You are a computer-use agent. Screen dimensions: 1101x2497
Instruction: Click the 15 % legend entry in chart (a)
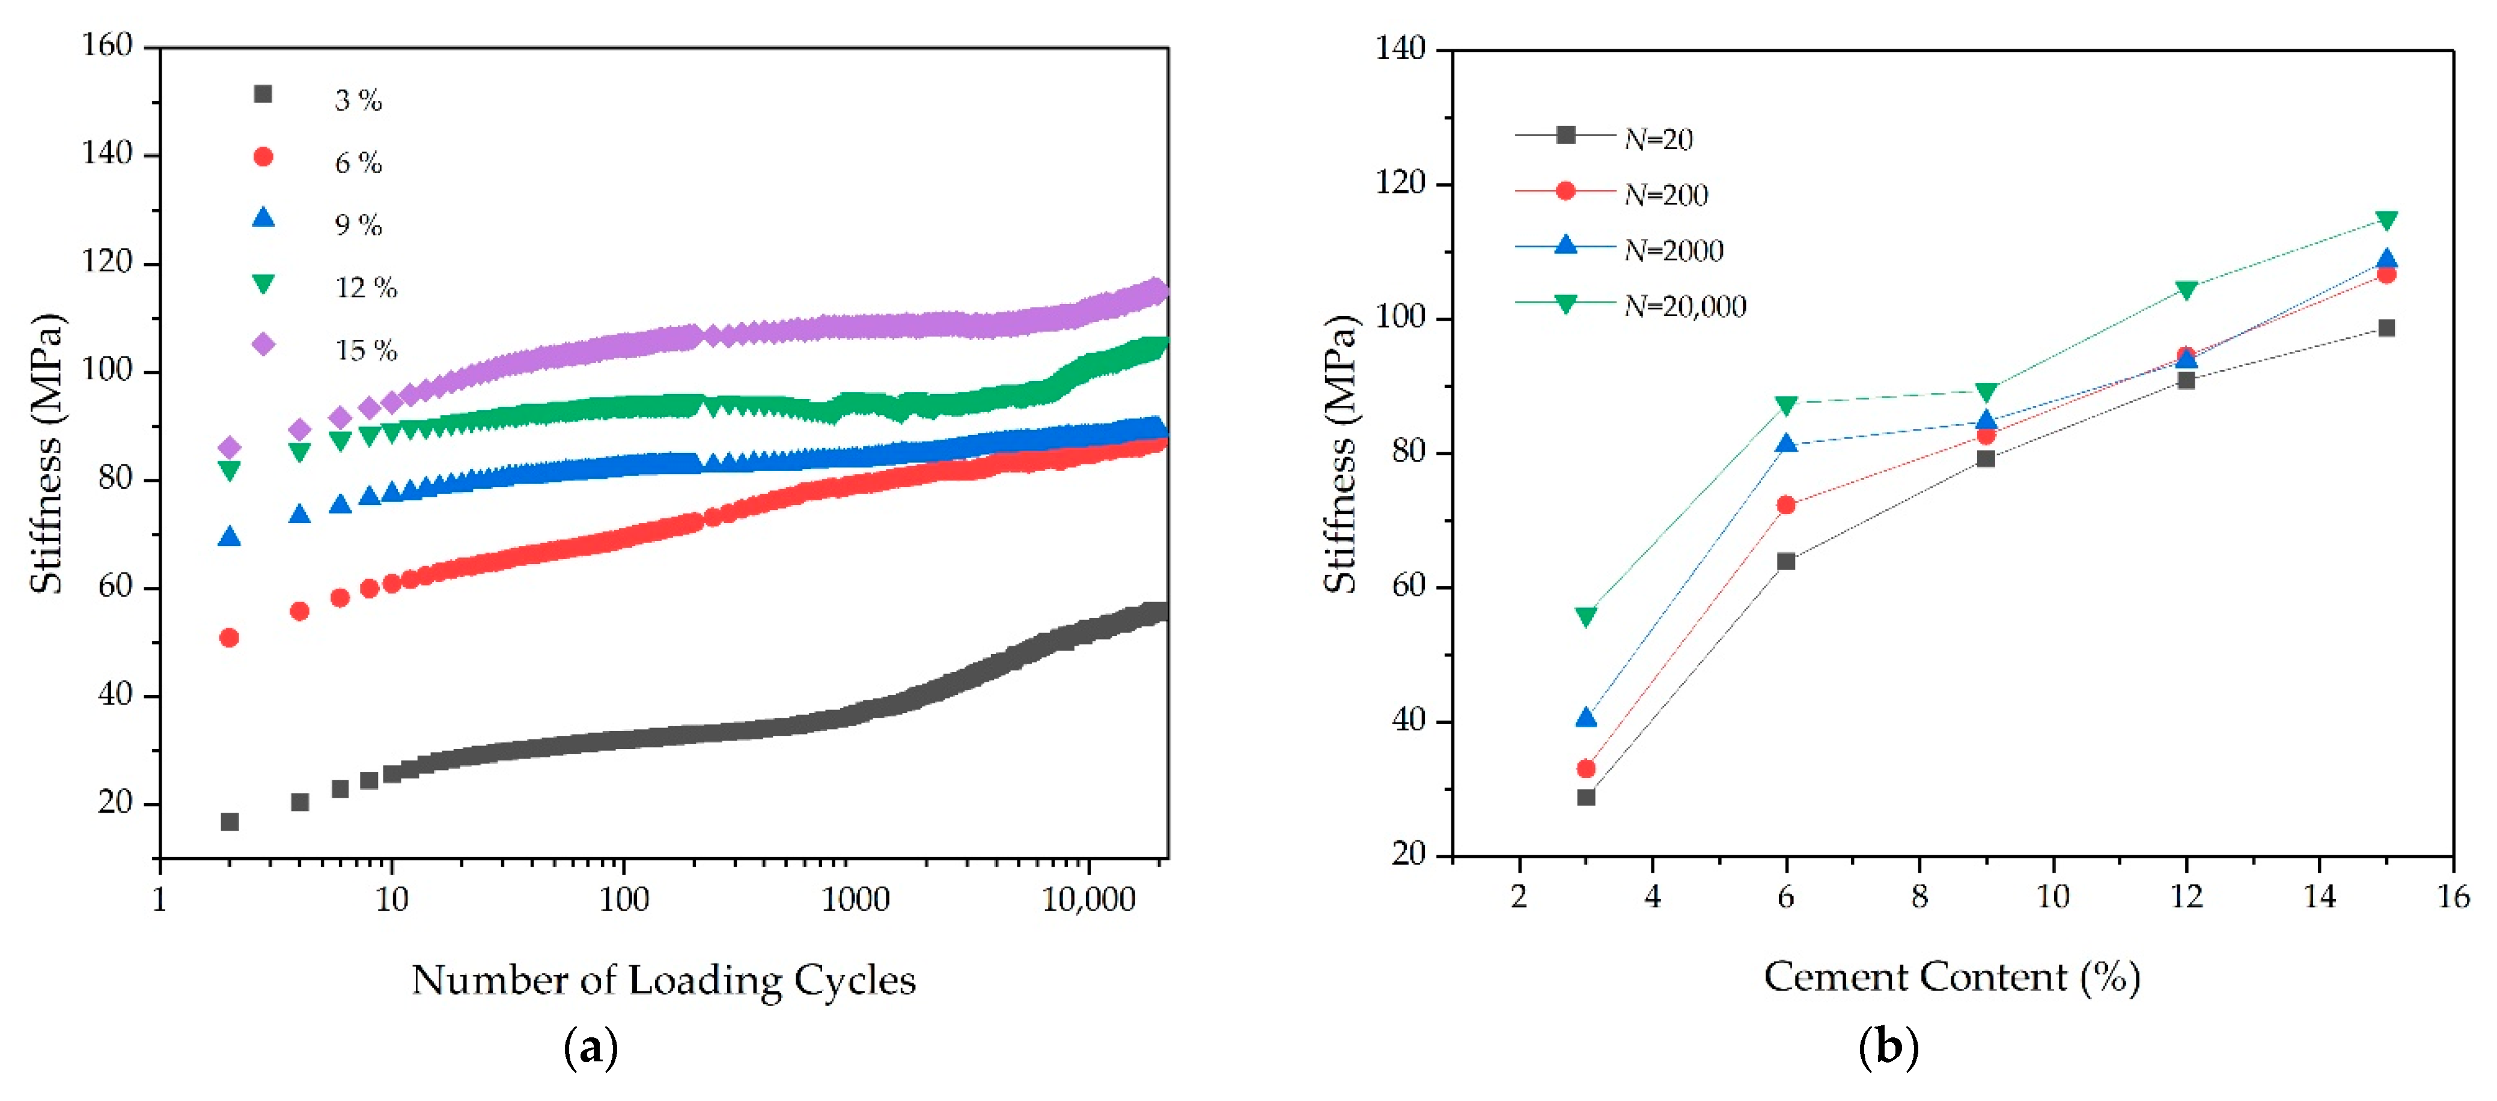(x=365, y=350)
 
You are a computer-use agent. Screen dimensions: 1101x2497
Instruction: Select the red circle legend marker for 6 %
(x=263, y=157)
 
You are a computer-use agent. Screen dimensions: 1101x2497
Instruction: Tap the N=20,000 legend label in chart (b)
(x=1684, y=306)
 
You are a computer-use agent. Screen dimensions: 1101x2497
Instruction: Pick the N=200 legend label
(x=1665, y=195)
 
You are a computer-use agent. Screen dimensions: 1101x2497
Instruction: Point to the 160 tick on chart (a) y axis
(x=106, y=46)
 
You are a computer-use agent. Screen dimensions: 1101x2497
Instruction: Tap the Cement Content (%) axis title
(x=1951, y=977)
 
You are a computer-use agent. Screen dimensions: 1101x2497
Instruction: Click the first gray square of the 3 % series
(x=230, y=822)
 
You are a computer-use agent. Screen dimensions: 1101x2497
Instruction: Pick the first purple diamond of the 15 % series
(x=230, y=447)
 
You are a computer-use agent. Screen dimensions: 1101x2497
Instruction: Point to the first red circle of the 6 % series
(x=230, y=638)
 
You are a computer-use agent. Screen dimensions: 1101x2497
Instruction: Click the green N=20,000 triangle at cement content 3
(x=1586, y=616)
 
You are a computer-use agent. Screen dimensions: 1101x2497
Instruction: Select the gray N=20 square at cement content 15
(x=2386, y=327)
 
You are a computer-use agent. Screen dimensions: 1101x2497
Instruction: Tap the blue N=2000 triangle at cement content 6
(x=1785, y=444)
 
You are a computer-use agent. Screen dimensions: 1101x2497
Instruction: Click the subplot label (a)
(x=590, y=1048)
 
